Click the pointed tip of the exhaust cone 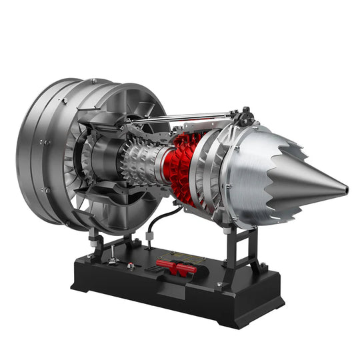345,187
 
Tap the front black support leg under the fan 100,243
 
